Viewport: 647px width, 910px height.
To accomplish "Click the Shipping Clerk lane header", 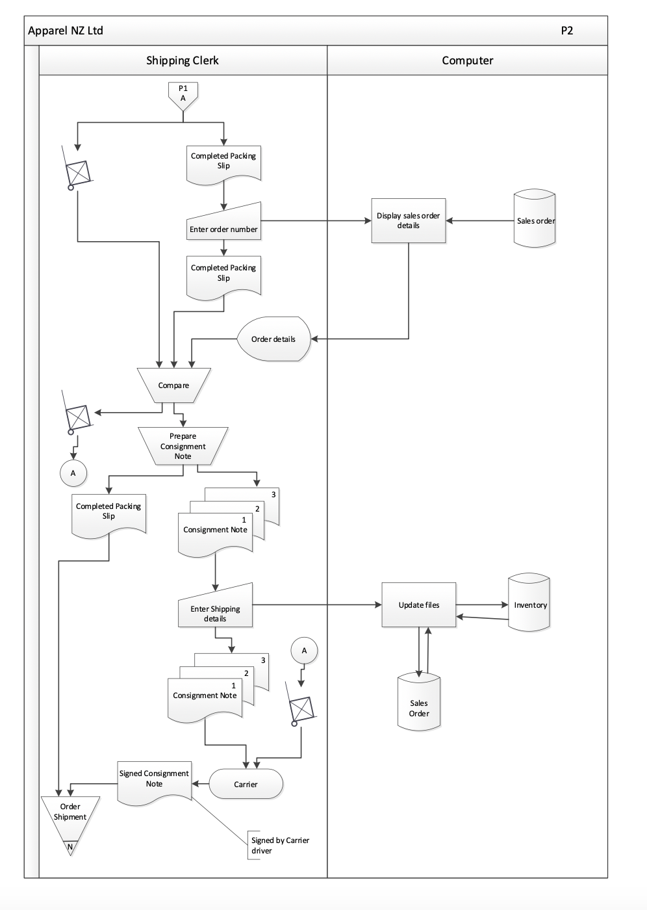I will click(183, 60).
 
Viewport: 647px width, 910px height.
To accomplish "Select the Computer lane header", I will click(467, 60).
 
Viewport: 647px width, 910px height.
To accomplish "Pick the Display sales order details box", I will click(408, 221).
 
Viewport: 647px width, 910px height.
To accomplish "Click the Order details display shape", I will click(273, 339).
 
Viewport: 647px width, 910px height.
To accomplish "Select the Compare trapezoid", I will click(174, 385).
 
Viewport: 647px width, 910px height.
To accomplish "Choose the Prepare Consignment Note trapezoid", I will click(183, 446).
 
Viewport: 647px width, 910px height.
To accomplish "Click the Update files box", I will click(418, 605).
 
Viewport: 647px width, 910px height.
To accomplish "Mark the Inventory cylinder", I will click(529, 604).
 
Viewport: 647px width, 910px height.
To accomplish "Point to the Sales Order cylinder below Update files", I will click(419, 706).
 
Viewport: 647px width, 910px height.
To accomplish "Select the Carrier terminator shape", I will click(246, 784).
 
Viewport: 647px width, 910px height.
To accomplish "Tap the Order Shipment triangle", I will click(70, 817).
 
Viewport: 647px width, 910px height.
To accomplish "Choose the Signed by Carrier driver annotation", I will click(280, 845).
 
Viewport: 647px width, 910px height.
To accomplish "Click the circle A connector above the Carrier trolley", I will click(304, 651).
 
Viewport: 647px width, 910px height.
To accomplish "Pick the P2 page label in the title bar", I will click(566, 31).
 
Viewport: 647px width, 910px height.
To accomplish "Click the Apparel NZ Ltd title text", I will click(66, 31).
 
